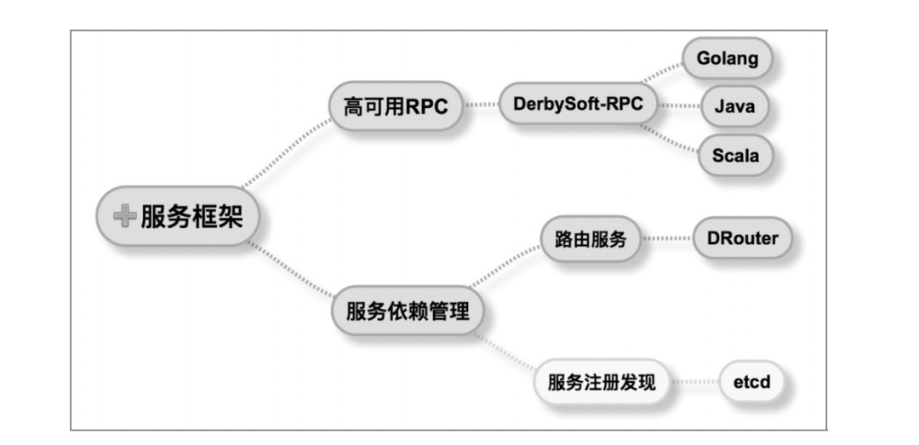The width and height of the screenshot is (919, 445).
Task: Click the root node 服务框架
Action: (x=178, y=216)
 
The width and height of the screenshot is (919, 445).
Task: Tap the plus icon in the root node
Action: (x=125, y=216)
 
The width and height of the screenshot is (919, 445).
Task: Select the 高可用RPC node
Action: (x=396, y=106)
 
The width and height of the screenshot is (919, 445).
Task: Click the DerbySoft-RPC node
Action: (x=578, y=104)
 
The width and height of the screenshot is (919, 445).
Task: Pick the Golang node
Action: (x=727, y=58)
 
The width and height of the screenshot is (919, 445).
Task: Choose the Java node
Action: (x=734, y=106)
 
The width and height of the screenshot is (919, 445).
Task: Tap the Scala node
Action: (x=735, y=156)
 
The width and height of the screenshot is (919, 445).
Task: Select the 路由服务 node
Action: (x=591, y=238)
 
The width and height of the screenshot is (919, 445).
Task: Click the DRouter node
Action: (x=743, y=238)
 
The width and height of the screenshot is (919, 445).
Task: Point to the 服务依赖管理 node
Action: (x=408, y=311)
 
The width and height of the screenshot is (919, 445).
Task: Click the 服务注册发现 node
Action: (x=602, y=382)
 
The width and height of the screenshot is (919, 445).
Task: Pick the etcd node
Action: (x=752, y=382)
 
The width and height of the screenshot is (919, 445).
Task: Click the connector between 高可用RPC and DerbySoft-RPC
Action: (x=481, y=105)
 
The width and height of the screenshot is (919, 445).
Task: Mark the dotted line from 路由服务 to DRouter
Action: (x=667, y=238)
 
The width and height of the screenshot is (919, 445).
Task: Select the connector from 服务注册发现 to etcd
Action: (x=695, y=382)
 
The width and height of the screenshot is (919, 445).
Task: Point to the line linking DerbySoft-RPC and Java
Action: (x=679, y=106)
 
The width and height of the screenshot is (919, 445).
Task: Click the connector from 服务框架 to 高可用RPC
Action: (x=287, y=153)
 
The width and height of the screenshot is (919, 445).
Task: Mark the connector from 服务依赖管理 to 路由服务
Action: (x=505, y=266)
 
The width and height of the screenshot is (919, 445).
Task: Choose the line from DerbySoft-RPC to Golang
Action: (x=662, y=72)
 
